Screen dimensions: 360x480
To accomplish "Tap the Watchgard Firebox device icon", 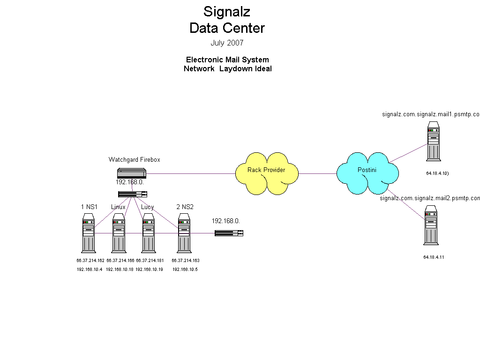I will coord(132,173).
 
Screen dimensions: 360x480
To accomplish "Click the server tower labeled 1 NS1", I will coord(88,232).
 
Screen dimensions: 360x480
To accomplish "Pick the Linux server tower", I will coord(119,232).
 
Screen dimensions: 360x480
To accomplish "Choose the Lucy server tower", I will coord(149,232).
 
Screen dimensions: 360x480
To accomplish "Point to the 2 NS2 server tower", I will coord(184,232).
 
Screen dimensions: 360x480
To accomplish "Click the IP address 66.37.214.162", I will coord(90,260).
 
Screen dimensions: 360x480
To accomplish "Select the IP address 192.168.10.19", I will coord(149,270).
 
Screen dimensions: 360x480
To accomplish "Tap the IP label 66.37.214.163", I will coord(186,260).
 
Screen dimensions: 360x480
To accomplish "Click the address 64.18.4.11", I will coord(434,257).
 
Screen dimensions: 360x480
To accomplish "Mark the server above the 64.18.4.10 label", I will coord(434,141).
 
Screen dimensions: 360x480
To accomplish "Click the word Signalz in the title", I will coord(227,11).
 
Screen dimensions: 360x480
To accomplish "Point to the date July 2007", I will coord(227,43).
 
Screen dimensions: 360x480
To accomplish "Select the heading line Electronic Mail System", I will coord(227,60).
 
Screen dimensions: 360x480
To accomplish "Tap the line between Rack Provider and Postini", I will coord(317,173).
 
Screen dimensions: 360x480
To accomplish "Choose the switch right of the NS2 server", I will coord(229,233).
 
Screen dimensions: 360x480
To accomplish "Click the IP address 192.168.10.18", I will coord(120,270).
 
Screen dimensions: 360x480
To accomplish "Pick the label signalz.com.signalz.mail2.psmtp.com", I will coord(430,198).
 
